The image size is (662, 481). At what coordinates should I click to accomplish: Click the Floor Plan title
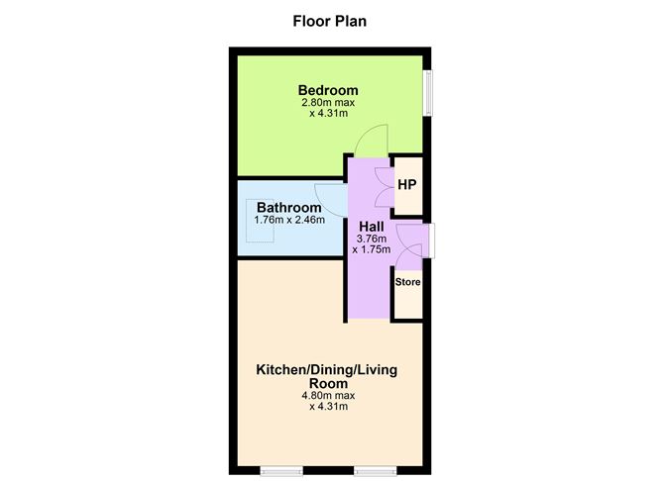tap(330, 21)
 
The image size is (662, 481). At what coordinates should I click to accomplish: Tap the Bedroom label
tap(328, 90)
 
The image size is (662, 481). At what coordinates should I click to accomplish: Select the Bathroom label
tap(289, 208)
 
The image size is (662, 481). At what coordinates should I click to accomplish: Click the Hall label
tap(372, 227)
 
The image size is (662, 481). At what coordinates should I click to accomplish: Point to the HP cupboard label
tap(407, 185)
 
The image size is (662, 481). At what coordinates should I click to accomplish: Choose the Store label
tap(408, 282)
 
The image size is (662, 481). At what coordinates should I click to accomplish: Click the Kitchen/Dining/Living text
tap(327, 370)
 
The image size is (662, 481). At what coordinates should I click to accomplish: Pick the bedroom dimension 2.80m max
tap(328, 103)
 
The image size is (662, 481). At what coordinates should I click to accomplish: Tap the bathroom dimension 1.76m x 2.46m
tap(289, 220)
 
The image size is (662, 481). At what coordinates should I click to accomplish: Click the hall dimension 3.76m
tap(372, 239)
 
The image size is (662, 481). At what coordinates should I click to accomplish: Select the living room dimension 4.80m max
tap(328, 396)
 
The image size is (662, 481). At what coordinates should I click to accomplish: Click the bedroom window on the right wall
tap(428, 93)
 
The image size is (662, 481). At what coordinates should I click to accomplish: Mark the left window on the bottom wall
tap(281, 470)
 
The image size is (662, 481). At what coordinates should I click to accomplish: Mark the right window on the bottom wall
tap(376, 470)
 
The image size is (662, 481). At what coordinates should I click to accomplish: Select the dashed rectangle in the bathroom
tap(260, 221)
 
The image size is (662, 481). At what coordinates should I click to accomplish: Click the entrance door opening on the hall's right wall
tap(432, 240)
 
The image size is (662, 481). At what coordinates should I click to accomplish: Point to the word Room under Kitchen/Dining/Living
tap(328, 384)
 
